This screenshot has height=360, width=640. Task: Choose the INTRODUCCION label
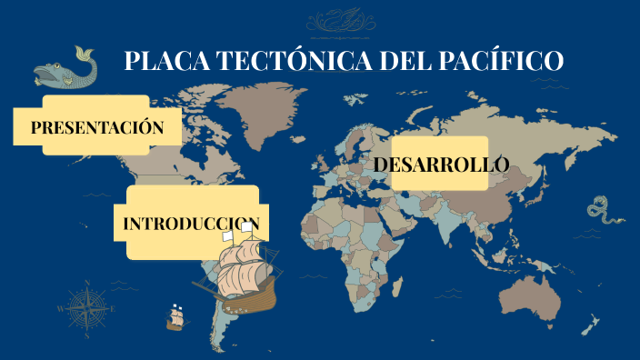(x=192, y=224)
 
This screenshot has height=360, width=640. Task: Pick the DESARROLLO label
(x=441, y=165)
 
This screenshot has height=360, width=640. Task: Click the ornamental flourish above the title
(x=340, y=21)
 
